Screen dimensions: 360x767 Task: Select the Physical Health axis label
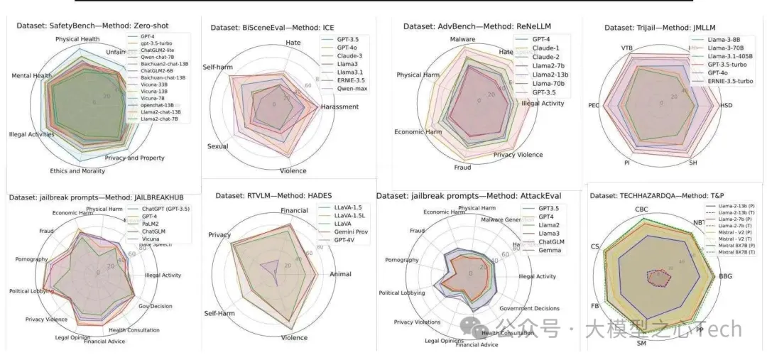(x=77, y=39)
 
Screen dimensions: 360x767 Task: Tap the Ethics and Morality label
(x=78, y=171)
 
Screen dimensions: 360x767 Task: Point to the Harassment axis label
(x=339, y=107)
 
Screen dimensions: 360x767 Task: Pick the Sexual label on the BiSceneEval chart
(x=217, y=146)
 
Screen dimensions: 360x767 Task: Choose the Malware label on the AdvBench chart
(x=462, y=39)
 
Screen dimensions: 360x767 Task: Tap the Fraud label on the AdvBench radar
(x=462, y=168)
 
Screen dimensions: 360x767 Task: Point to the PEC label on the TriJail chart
(x=594, y=105)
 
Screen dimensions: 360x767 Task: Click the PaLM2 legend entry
(x=151, y=223)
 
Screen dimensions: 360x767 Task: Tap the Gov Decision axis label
(x=156, y=306)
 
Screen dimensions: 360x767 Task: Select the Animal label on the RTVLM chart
(x=340, y=274)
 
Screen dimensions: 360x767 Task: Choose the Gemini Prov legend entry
(x=347, y=232)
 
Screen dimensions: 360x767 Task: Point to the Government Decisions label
(x=528, y=309)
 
